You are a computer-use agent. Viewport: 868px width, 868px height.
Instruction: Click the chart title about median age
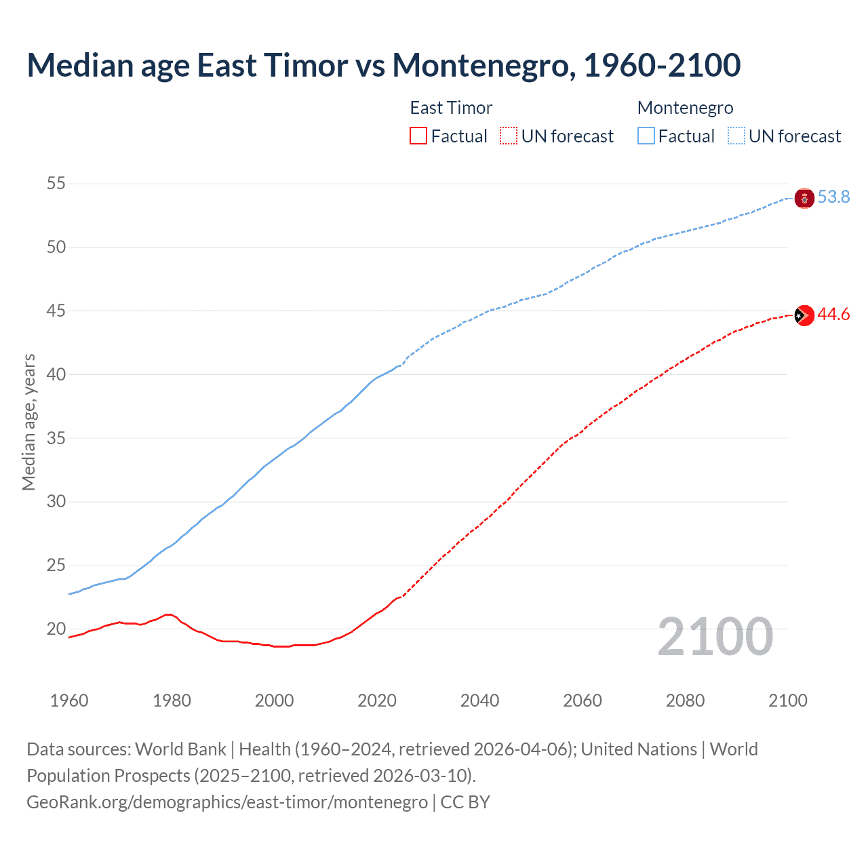click(383, 65)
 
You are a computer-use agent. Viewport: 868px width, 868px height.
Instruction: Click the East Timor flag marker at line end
click(804, 315)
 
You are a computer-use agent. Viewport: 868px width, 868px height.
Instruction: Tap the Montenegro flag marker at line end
click(804, 198)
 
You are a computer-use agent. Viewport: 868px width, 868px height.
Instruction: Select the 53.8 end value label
click(833, 197)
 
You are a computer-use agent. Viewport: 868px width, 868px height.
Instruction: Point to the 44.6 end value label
click(833, 314)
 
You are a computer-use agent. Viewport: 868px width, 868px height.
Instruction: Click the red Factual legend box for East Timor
click(418, 136)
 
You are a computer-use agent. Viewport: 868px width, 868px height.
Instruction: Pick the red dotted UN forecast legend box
click(509, 136)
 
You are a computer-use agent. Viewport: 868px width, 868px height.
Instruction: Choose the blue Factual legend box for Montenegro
click(646, 136)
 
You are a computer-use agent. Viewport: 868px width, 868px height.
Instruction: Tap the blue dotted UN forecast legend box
click(736, 136)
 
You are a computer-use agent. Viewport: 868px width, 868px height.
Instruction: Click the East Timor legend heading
click(451, 108)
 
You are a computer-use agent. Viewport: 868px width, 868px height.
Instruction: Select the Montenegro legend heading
click(685, 108)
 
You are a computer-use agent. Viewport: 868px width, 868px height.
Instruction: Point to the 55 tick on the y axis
click(56, 183)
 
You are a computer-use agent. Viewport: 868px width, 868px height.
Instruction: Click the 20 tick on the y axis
click(56, 629)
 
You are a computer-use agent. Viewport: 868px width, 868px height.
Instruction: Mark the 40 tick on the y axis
click(56, 374)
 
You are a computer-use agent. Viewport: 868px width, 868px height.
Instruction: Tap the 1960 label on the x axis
click(69, 701)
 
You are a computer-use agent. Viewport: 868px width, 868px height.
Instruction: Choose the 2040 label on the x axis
click(479, 701)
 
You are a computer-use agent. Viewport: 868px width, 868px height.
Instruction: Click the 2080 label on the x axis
click(685, 701)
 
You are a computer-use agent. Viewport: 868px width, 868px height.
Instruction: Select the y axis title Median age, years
click(28, 422)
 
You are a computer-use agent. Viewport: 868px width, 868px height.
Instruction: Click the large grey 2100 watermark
click(715, 637)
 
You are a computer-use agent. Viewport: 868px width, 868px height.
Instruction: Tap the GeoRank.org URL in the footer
click(227, 802)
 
